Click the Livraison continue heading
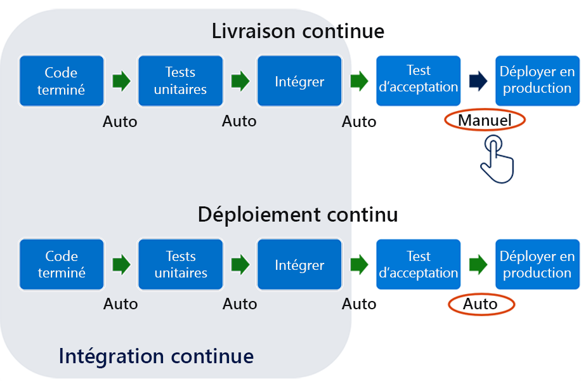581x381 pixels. click(298, 30)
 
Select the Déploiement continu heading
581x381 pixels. click(298, 215)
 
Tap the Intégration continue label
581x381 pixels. click(156, 356)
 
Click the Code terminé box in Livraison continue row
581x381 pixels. click(61, 81)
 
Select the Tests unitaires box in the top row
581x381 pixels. click(181, 81)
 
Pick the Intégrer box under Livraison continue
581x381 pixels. click(299, 81)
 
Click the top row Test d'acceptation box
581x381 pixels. click(418, 79)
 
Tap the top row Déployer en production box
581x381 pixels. click(537, 79)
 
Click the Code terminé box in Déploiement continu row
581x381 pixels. click(61, 265)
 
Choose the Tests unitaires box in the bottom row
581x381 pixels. click(181, 265)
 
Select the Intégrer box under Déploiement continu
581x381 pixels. click(299, 265)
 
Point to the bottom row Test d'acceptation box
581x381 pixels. click(418, 264)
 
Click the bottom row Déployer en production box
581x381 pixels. click(537, 264)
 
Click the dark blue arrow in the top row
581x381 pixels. click(478, 80)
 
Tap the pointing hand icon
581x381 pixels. click(496, 159)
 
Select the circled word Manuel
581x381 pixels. click(485, 120)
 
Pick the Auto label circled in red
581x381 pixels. click(481, 305)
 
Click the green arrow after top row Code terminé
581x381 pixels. click(121, 81)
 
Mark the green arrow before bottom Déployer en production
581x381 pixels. click(478, 264)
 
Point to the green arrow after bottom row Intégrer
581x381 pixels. click(359, 265)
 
